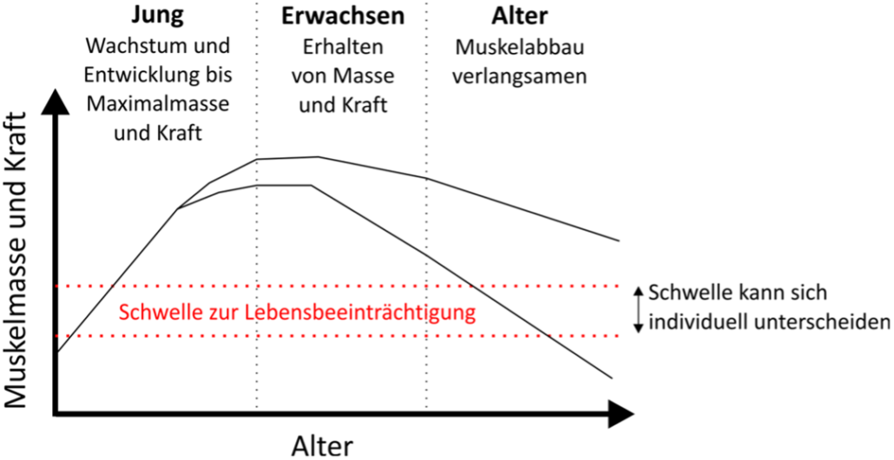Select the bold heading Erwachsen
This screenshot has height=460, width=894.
point(343,16)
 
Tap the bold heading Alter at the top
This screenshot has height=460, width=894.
point(519,16)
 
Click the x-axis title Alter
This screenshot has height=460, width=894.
point(323,446)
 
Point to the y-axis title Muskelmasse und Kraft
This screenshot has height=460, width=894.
point(18,260)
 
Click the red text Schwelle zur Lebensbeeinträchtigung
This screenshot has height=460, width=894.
point(297,312)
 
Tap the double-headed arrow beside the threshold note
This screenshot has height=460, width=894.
point(639,309)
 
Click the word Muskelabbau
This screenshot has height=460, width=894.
point(519,47)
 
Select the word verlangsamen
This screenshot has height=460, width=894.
point(519,76)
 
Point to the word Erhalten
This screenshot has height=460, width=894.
point(343,47)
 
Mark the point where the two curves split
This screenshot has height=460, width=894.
point(178,209)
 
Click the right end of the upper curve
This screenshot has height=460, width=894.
point(619,240)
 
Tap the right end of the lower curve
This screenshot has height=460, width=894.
point(612,378)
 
